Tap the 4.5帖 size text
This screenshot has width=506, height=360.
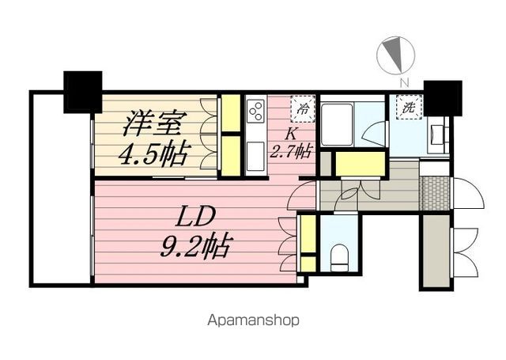click(153, 154)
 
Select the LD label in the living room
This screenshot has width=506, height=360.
click(195, 218)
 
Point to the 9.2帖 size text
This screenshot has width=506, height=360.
click(195, 245)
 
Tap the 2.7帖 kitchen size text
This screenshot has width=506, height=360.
click(290, 151)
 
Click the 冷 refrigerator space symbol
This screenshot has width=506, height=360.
click(302, 108)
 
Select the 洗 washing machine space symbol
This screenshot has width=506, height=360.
click(409, 107)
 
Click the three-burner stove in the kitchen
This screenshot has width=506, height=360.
click(255, 111)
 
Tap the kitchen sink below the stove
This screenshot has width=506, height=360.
click(255, 157)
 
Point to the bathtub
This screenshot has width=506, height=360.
click(337, 124)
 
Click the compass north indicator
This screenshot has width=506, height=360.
click(395, 55)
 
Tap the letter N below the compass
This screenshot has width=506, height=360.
click(404, 82)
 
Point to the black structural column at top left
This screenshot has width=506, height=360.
click(82, 92)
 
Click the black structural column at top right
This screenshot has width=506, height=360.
click(443, 98)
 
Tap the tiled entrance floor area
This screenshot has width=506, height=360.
click(436, 193)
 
